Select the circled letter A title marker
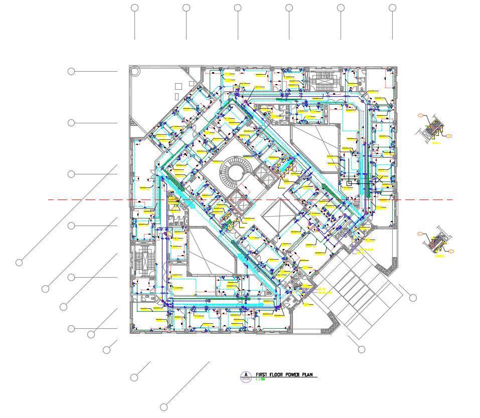coord(246,375)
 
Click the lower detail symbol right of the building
coord(436,243)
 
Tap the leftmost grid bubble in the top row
coord(134,8)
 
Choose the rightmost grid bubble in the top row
coord(392,8)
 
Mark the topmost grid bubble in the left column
coord(71,71)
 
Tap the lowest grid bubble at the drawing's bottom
coord(164,407)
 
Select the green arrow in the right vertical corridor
coord(370,189)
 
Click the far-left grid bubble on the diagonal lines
coord(19,262)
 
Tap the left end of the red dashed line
coord(49,200)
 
